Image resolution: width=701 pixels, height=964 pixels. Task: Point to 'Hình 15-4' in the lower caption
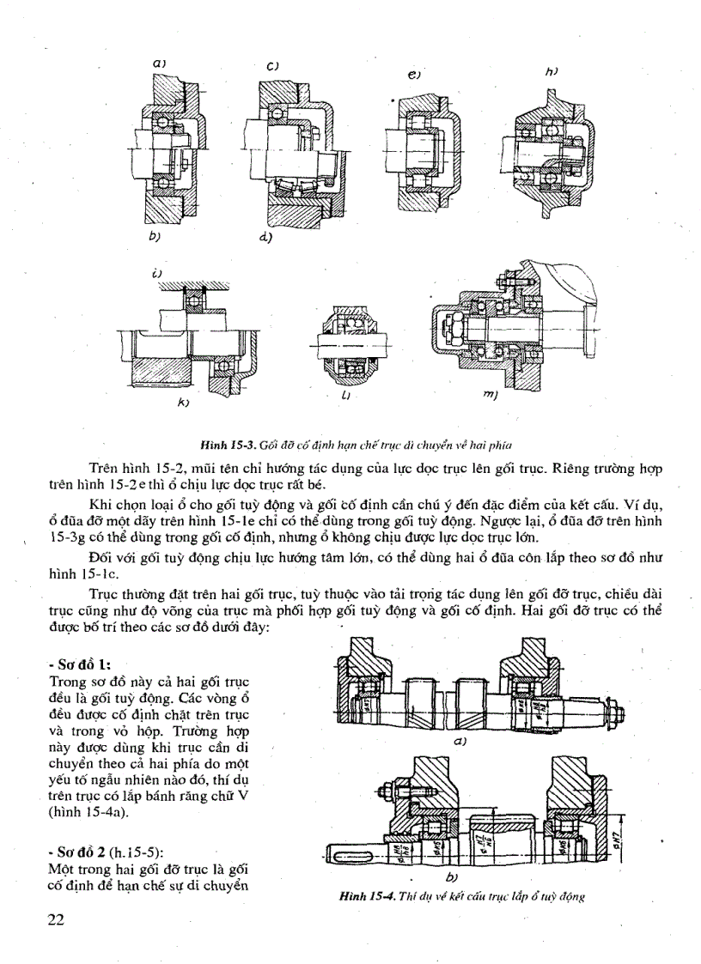(x=366, y=896)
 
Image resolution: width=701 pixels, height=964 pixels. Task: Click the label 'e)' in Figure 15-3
(x=414, y=76)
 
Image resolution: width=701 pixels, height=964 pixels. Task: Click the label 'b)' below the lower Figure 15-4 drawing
(x=452, y=878)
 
